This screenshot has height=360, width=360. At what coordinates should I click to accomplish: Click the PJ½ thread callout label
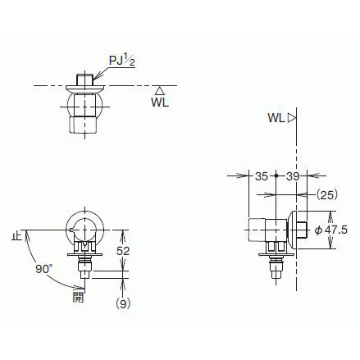click(122, 60)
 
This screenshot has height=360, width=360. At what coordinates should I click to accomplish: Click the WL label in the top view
click(160, 103)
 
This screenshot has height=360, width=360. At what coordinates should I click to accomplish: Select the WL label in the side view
click(276, 118)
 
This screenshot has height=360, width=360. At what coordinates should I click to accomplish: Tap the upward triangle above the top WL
click(160, 91)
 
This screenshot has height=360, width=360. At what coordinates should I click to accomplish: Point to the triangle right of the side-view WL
click(292, 118)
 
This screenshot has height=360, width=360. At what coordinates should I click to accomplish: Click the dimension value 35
click(262, 176)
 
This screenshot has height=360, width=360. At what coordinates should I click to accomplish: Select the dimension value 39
click(293, 176)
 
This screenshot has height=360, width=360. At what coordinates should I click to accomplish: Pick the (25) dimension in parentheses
click(327, 195)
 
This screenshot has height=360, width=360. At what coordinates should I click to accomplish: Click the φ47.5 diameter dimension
click(331, 230)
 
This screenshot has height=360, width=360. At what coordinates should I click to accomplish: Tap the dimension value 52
click(123, 251)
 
